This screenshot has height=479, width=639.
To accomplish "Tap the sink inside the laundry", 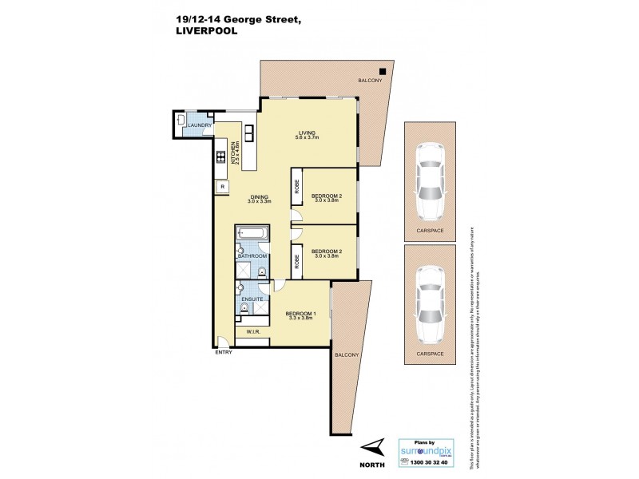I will click(181, 121).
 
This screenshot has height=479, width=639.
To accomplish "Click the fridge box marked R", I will click(220, 187).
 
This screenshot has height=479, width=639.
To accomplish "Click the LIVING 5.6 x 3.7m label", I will click(308, 135).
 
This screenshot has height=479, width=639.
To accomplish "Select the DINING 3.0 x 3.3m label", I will click(260, 200).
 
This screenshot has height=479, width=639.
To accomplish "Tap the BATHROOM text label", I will click(252, 255).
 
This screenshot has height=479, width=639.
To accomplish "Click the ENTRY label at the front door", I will click(224, 353).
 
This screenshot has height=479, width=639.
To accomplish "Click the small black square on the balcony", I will click(383, 69).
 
